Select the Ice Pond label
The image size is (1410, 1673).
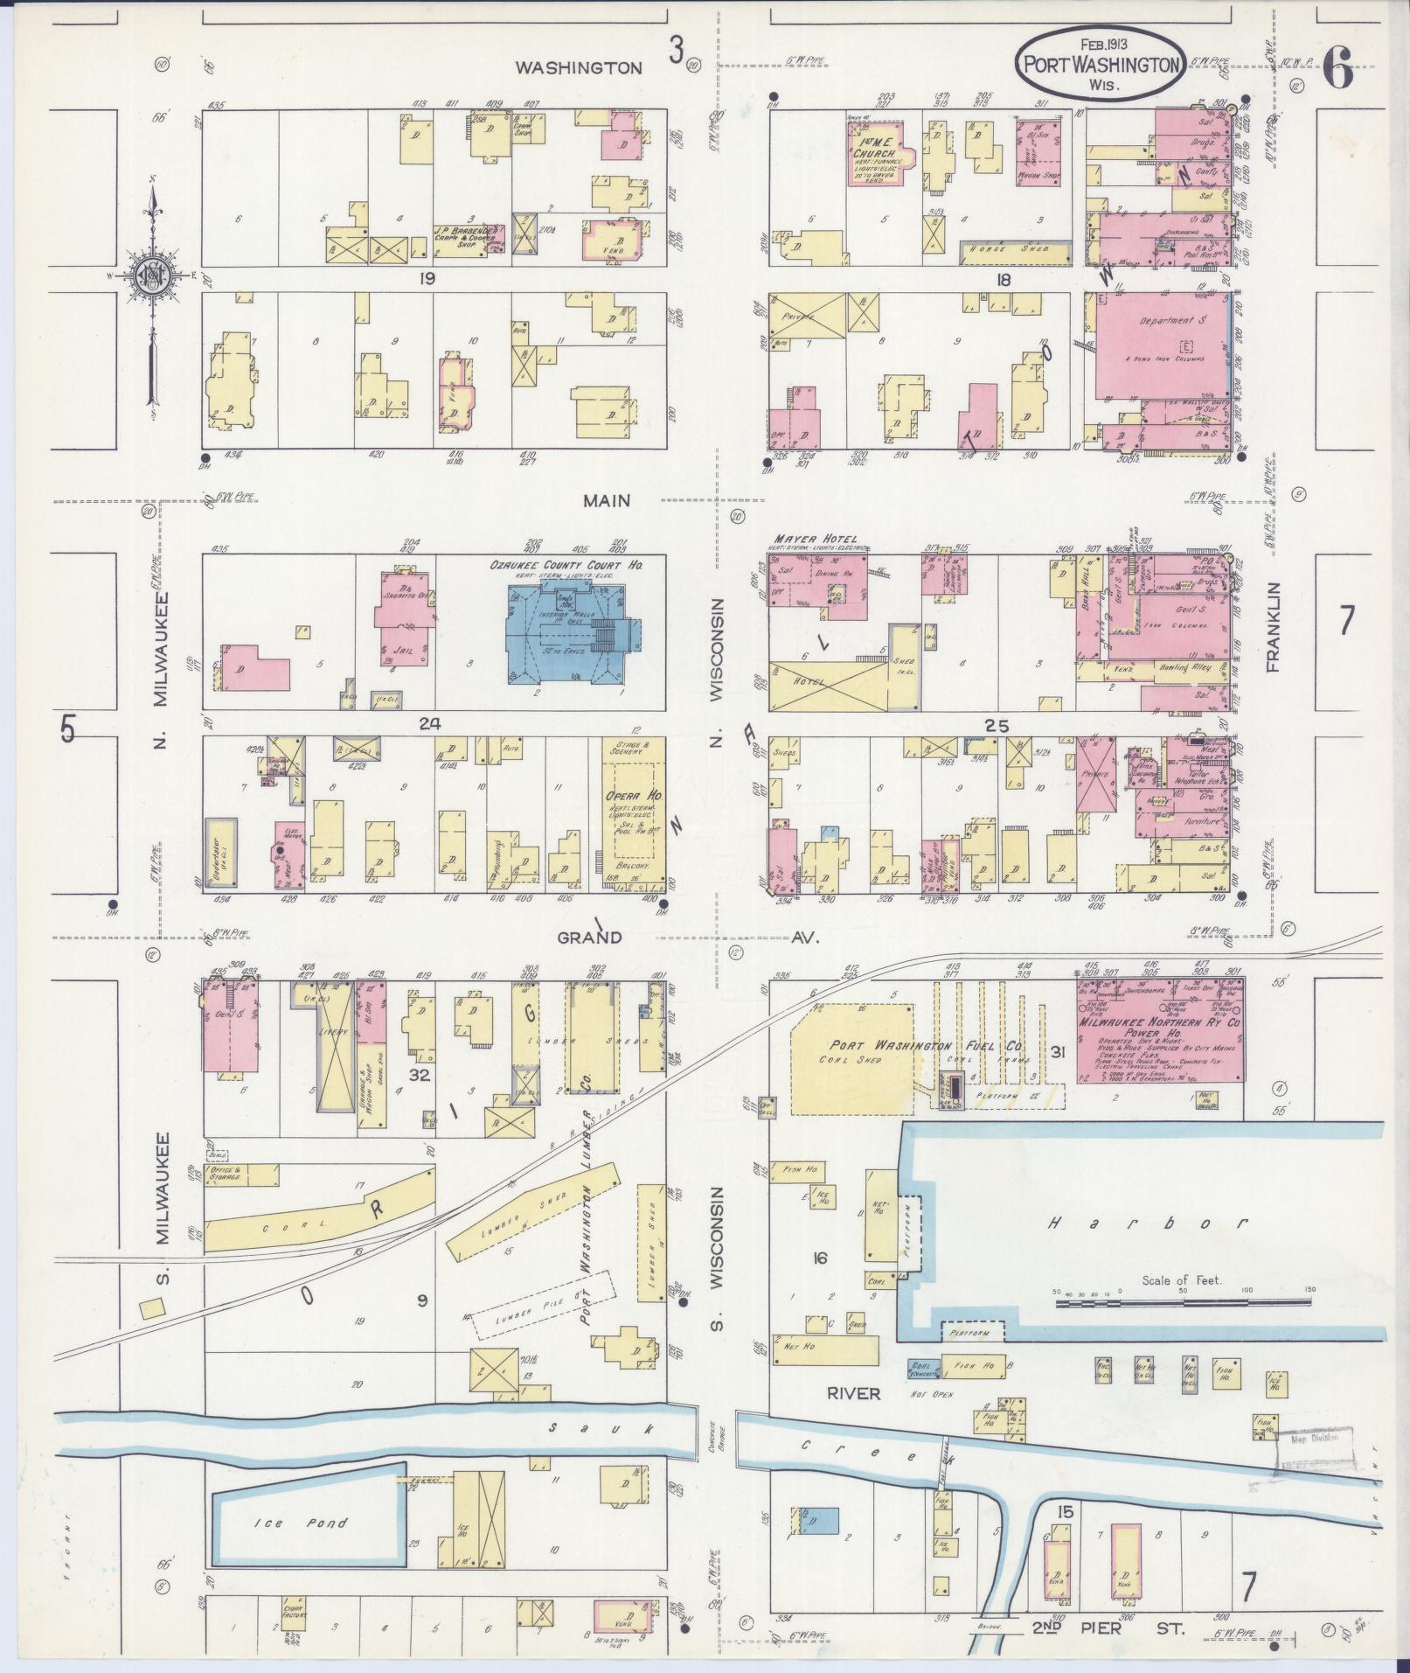click(302, 1523)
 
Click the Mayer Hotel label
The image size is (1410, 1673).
click(816, 539)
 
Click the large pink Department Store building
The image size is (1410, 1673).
click(1159, 344)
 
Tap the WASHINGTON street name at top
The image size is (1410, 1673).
click(590, 67)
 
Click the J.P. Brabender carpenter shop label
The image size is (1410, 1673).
click(468, 236)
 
